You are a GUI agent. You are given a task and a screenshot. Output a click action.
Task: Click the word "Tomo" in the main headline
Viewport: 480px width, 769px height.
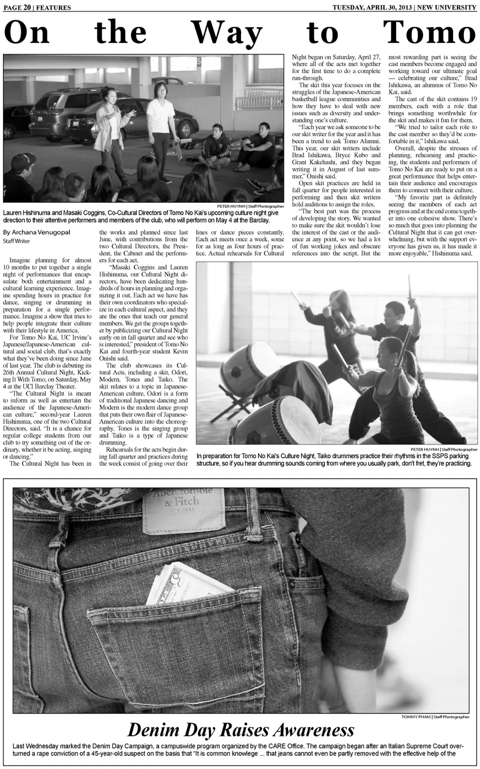click(429, 33)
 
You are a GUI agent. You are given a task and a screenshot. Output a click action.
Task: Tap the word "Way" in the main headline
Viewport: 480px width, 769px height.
click(227, 33)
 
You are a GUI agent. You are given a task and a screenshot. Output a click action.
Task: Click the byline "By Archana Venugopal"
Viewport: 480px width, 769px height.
click(36, 232)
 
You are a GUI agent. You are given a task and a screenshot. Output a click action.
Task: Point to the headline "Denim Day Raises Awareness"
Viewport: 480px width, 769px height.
click(240, 729)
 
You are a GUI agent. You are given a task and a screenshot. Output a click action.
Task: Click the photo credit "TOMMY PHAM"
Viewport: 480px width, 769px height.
click(416, 716)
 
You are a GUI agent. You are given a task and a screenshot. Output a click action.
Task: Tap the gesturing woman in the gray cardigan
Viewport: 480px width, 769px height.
click(113, 130)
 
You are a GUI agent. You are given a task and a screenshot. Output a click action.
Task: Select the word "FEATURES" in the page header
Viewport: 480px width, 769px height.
click(53, 8)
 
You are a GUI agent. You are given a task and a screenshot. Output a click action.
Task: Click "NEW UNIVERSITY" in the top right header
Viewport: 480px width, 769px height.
click(447, 7)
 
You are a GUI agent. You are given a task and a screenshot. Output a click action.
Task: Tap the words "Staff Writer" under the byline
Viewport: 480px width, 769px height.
click(16, 241)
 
